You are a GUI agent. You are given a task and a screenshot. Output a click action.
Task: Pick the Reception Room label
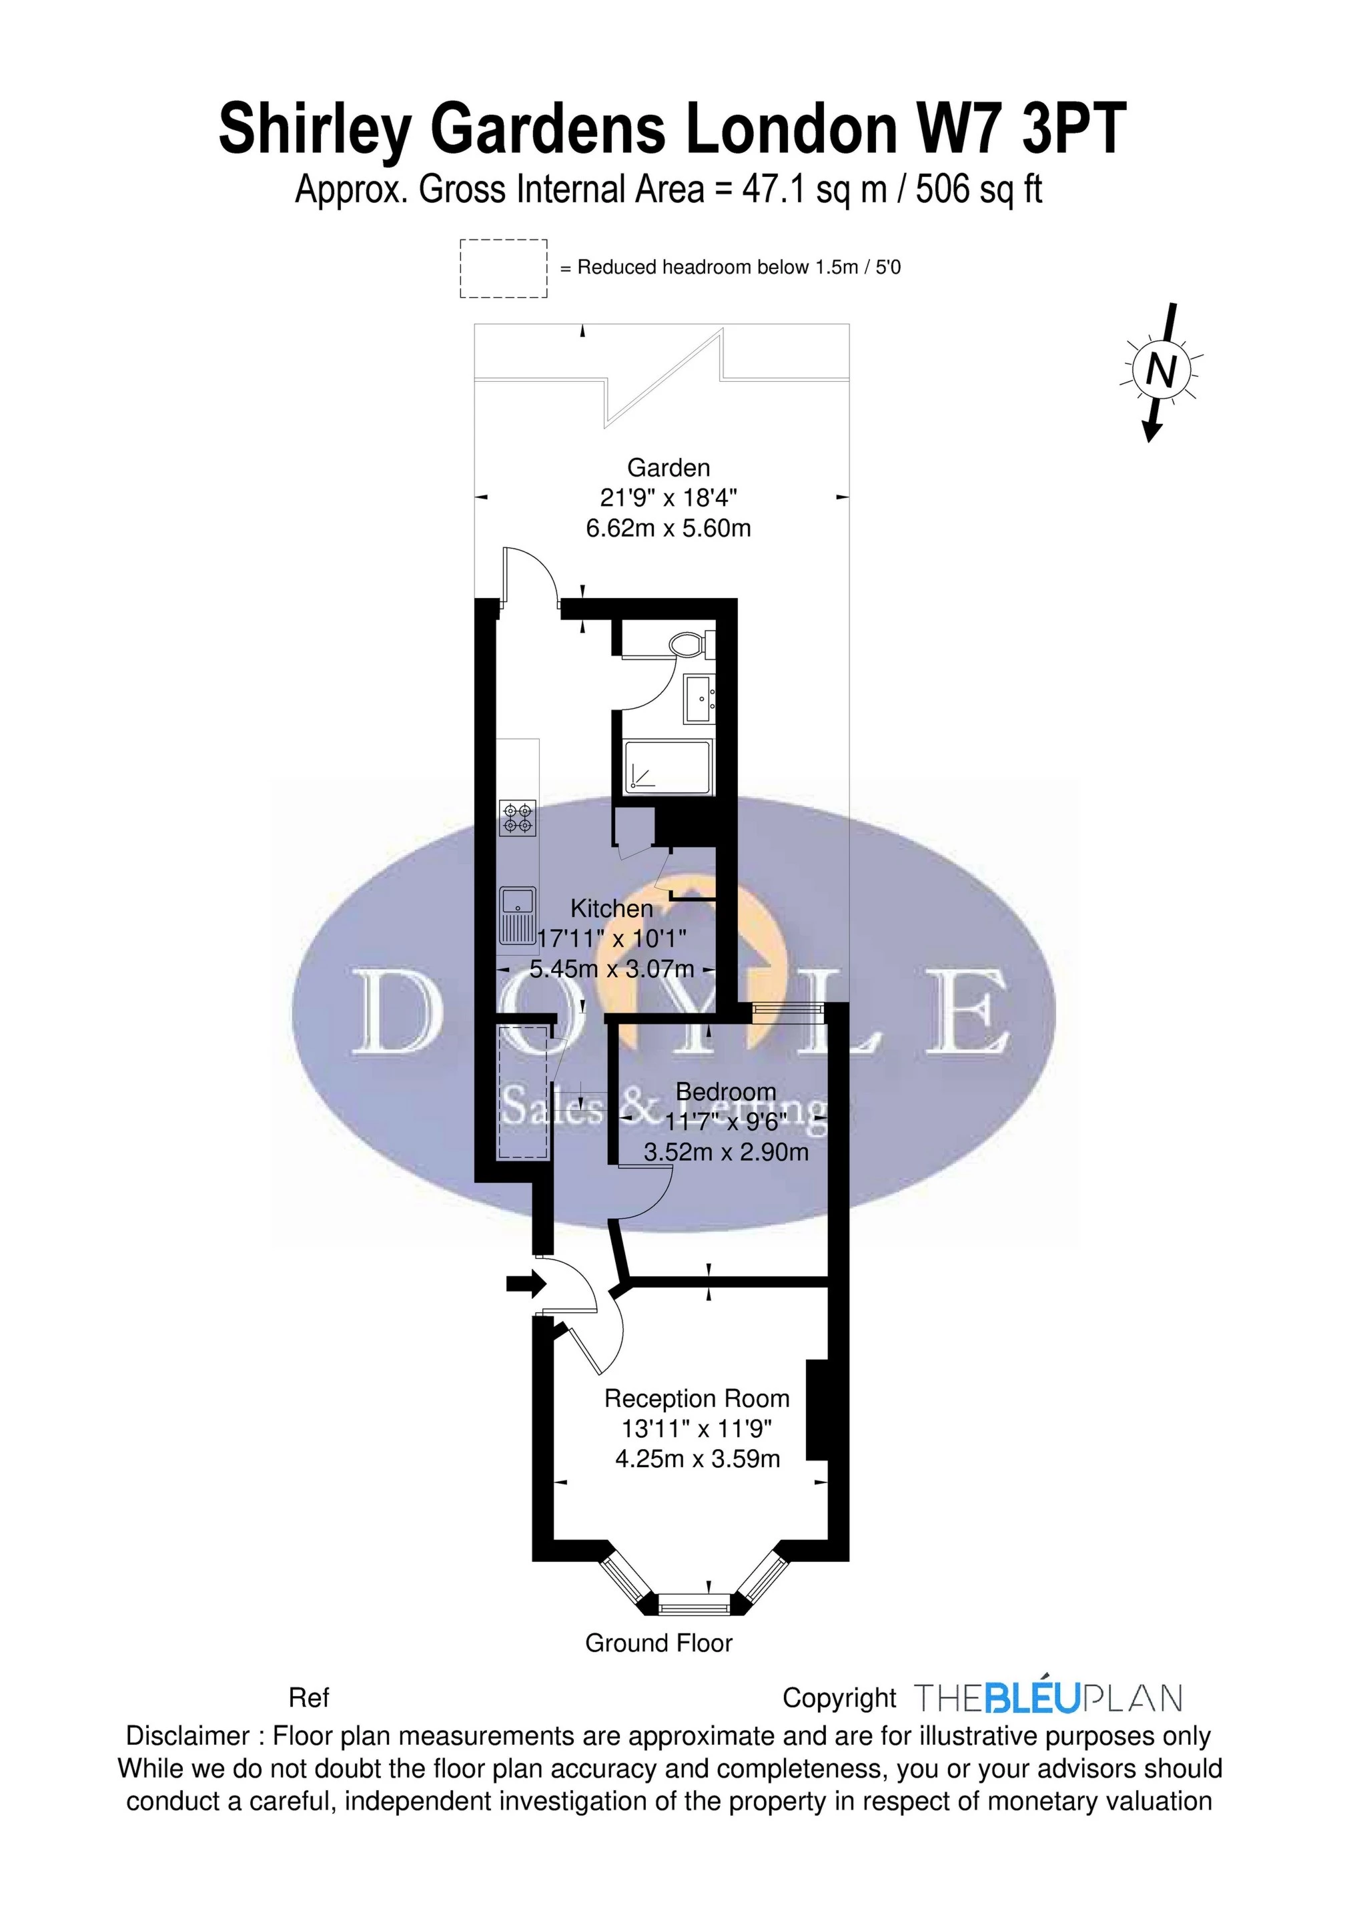(697, 1398)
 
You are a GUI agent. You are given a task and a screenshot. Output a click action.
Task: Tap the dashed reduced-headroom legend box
(503, 268)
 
